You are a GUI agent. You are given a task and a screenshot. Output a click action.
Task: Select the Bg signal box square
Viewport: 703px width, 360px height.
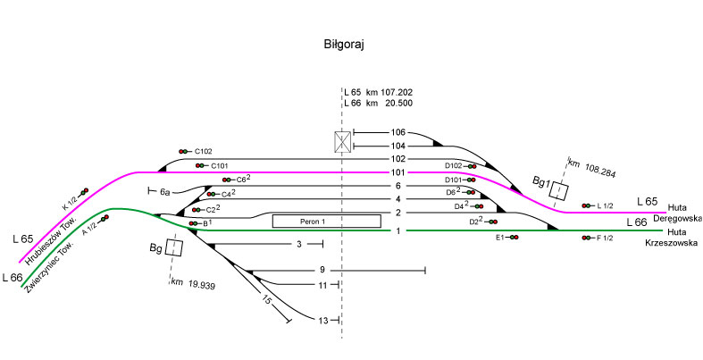pyautogui.click(x=174, y=247)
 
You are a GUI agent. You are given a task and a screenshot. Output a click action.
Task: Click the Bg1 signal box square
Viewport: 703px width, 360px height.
pyautogui.click(x=559, y=191)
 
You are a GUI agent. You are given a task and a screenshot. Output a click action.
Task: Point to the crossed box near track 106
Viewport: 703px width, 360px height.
pyautogui.click(x=340, y=141)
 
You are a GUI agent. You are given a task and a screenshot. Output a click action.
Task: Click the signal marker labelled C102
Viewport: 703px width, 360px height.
pyautogui.click(x=185, y=151)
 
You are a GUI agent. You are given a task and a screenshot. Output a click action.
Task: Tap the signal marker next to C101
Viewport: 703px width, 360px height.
pyautogui.click(x=201, y=165)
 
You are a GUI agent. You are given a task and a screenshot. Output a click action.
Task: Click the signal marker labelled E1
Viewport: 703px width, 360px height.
pyautogui.click(x=514, y=238)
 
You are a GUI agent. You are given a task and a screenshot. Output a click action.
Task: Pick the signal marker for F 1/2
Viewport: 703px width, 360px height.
pyautogui.click(x=587, y=238)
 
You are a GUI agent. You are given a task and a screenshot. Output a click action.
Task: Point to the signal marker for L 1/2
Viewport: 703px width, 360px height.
pyautogui.click(x=587, y=206)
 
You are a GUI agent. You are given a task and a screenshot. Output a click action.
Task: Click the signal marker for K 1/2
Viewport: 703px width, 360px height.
pyautogui.click(x=83, y=191)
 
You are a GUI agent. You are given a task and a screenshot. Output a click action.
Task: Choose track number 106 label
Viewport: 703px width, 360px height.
pyautogui.click(x=398, y=132)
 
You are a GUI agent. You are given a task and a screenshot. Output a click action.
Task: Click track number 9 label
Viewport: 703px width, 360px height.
pyautogui.click(x=322, y=270)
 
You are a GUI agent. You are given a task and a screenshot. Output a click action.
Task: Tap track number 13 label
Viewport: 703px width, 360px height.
pyautogui.click(x=323, y=320)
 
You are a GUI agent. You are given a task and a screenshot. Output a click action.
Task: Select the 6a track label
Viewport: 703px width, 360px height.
pyautogui.click(x=165, y=191)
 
